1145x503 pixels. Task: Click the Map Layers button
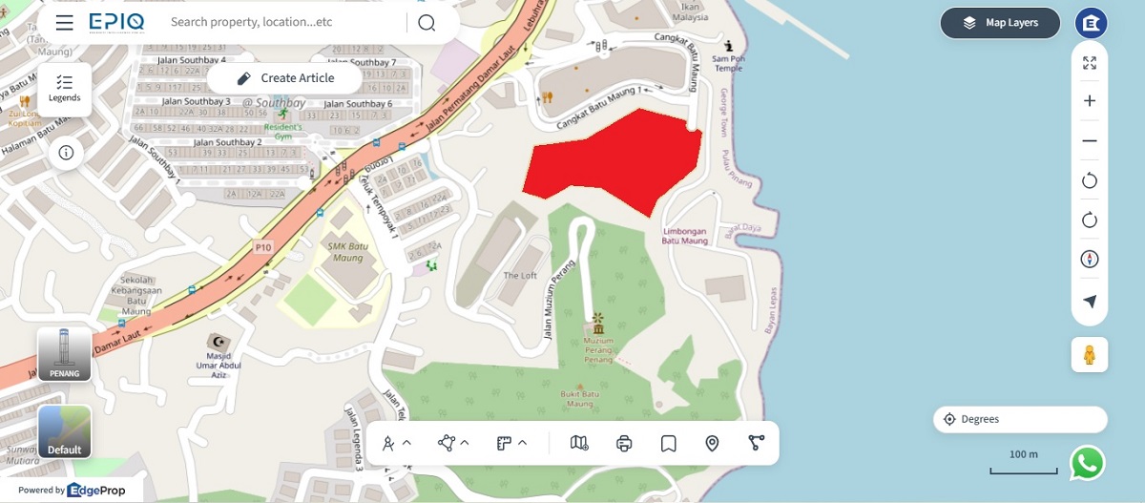[x=1001, y=23]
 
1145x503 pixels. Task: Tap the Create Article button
[x=284, y=78]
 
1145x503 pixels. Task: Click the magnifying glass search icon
[x=427, y=23]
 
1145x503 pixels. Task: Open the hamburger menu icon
[x=65, y=23]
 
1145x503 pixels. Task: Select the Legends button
[x=65, y=89]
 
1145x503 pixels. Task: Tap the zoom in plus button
[x=1090, y=101]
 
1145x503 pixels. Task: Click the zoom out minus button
[x=1090, y=141]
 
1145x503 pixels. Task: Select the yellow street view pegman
[x=1090, y=355]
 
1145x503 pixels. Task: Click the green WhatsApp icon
[x=1087, y=463]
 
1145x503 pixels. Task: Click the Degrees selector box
[x=1020, y=419]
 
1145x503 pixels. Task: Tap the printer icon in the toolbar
[x=624, y=443]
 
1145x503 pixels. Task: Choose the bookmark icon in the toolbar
[x=668, y=443]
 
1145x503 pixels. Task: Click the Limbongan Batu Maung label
[x=685, y=236]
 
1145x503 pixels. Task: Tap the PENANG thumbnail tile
[x=65, y=354]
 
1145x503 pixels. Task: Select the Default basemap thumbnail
[x=65, y=431]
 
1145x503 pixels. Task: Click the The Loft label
[x=520, y=276]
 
